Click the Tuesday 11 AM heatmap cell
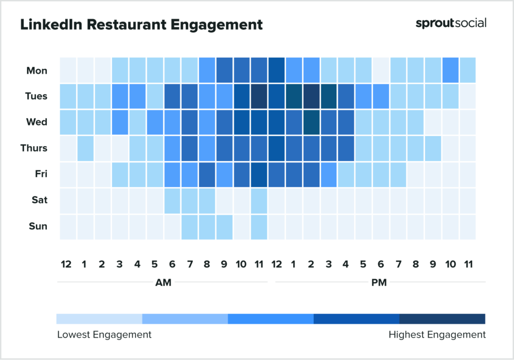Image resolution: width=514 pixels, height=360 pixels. pos(259,96)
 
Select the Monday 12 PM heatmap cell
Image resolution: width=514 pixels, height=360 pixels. pos(276,70)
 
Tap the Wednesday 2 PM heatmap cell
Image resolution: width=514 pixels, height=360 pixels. pos(311,122)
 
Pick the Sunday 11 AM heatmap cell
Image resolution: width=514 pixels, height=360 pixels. pos(259,226)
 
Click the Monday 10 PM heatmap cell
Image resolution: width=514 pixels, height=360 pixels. pos(449,70)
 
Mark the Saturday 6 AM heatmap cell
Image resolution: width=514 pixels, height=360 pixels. pos(172,200)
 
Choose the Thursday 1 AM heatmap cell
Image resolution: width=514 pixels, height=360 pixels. pos(85,148)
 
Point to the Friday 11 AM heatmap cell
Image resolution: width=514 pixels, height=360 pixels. pos(259,174)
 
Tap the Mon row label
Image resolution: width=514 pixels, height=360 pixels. pos(37,70)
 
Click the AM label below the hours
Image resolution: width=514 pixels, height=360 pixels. pos(163,283)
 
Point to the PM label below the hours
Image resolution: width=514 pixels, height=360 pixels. pos(379,283)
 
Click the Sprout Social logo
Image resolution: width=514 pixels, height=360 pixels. pos(451,23)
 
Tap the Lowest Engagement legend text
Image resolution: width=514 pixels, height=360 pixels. pos(104,334)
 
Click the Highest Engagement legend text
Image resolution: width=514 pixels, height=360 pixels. pos(437,334)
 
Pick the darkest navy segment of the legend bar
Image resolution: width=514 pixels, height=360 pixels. pos(442,319)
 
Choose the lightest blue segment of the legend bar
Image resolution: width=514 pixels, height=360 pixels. pos(99,319)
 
